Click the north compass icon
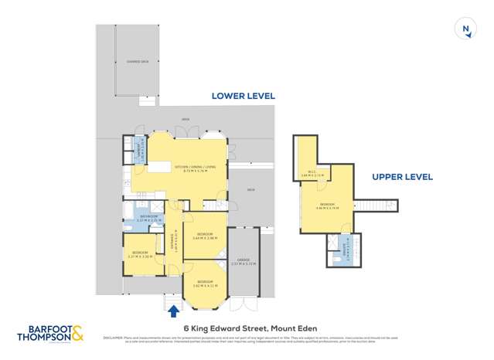point(465,29)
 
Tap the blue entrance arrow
point(174,311)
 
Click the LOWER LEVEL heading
point(244,97)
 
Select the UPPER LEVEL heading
point(402,177)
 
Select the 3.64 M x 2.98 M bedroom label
point(206,236)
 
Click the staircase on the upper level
point(371,206)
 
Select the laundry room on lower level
point(139,146)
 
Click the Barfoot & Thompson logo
point(52,333)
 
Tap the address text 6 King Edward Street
point(250,328)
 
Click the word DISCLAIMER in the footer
point(113,338)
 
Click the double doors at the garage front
point(245,303)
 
